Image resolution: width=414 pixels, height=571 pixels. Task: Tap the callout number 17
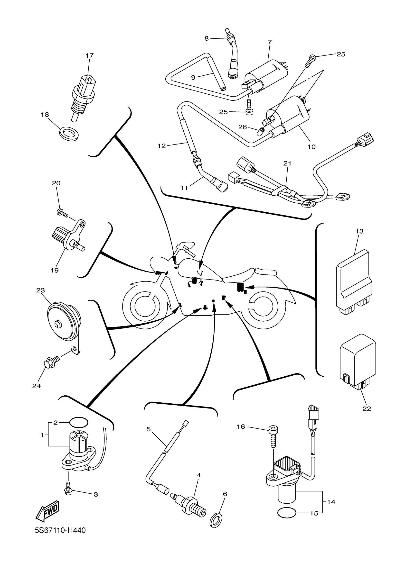89,55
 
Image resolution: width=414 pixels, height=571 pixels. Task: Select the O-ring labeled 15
286,513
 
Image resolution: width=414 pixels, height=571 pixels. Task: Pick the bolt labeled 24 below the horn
51,362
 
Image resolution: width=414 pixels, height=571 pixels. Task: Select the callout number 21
287,163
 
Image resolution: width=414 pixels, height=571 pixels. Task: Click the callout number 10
312,147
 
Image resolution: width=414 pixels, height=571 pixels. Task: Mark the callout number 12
161,146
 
